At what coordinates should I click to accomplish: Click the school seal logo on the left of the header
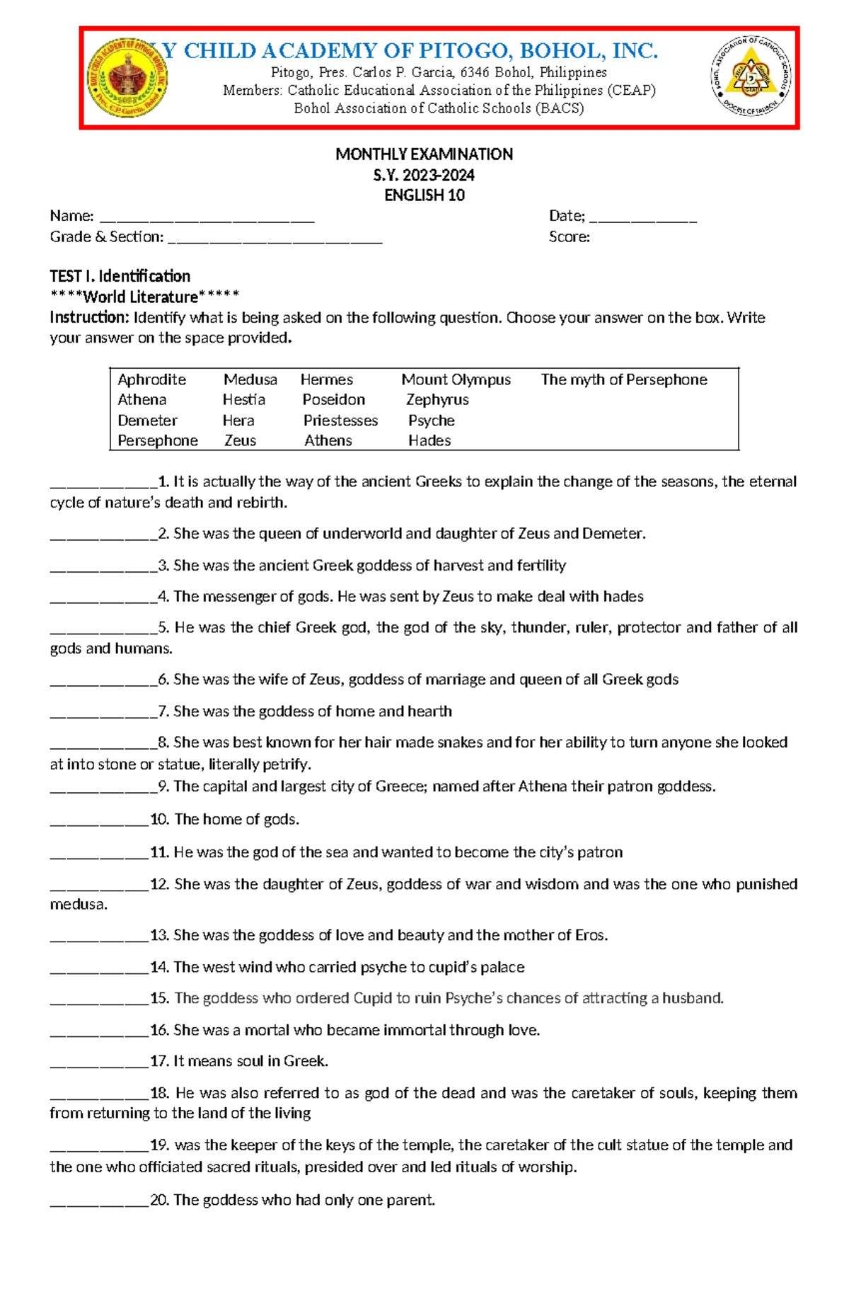(128, 78)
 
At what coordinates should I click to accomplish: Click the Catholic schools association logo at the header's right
(751, 76)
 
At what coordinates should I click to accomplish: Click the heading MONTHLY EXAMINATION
(424, 154)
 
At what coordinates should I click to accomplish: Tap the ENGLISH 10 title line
(424, 195)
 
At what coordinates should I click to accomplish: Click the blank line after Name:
(207, 218)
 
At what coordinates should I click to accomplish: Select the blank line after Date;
(643, 218)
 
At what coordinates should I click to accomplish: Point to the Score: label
(569, 237)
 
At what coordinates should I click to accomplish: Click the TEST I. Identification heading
(120, 276)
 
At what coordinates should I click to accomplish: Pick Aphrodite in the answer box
(151, 379)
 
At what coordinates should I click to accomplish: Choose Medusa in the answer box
(250, 379)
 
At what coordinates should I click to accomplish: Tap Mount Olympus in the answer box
(456, 379)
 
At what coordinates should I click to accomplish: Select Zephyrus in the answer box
(437, 400)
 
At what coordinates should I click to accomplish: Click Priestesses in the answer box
(340, 420)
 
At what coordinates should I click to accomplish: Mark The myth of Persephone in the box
(623, 379)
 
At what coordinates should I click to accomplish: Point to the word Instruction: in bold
(89, 317)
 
